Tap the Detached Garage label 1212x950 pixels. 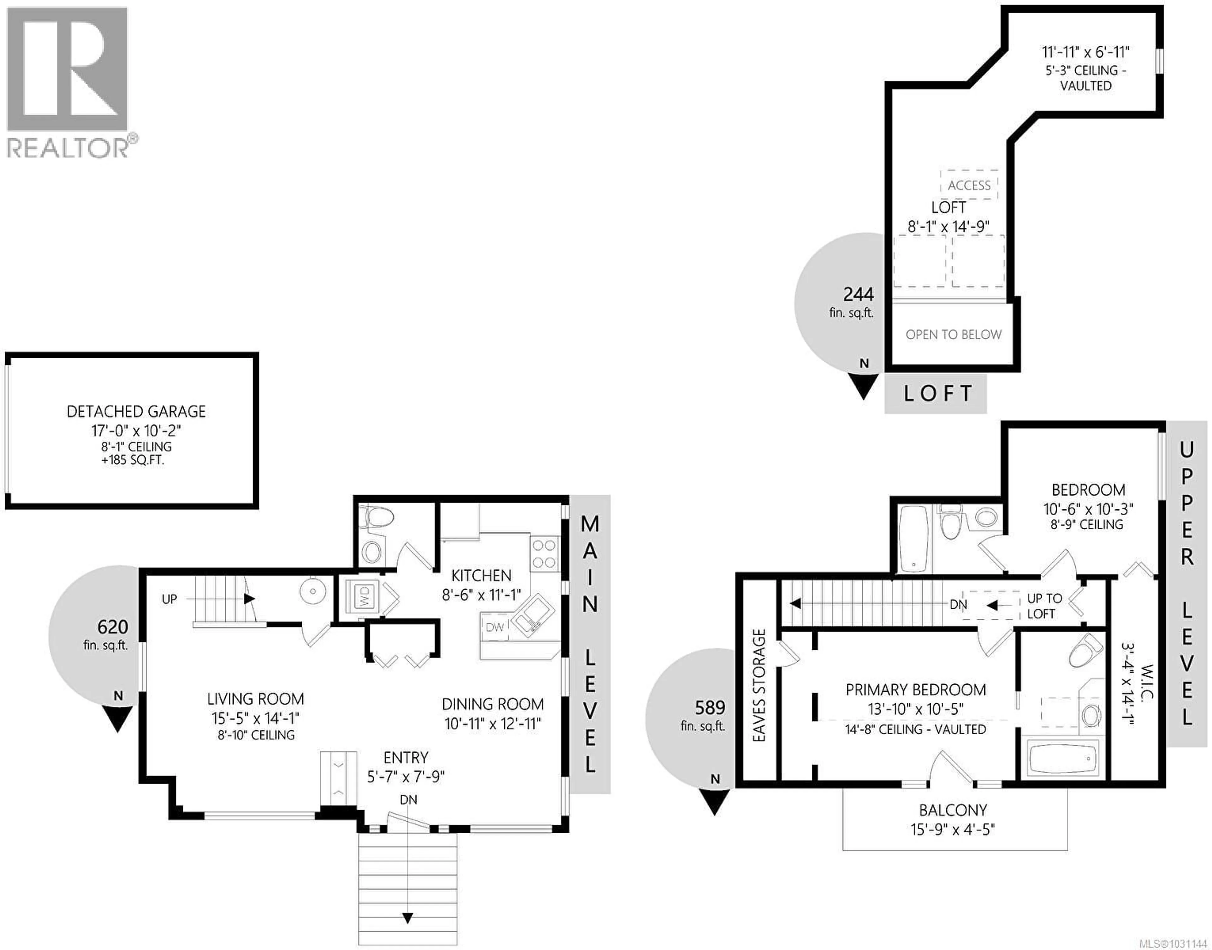click(x=136, y=412)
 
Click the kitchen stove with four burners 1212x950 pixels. click(x=544, y=554)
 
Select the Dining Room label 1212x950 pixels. click(x=492, y=704)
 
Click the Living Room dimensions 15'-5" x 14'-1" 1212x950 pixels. click(x=255, y=718)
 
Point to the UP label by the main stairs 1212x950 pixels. click(x=169, y=599)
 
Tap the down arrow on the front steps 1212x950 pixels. click(x=408, y=918)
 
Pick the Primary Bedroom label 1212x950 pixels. click(x=915, y=690)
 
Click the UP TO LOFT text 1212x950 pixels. click(x=1044, y=606)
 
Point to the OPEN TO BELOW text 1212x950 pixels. click(x=953, y=334)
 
